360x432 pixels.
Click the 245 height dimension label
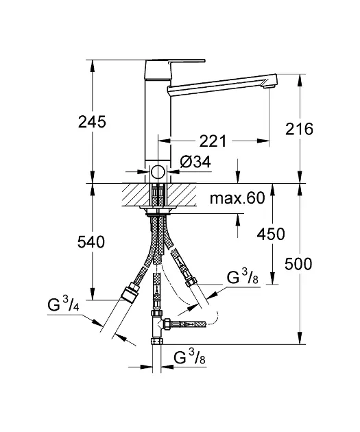(x=92, y=122)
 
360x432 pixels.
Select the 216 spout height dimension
(x=299, y=129)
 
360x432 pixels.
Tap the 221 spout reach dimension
(x=213, y=141)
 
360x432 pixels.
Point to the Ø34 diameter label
(x=195, y=162)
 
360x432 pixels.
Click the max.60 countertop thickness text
(x=237, y=197)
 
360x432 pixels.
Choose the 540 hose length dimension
(x=91, y=242)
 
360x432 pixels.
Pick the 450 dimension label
(x=271, y=235)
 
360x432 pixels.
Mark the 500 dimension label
(x=298, y=264)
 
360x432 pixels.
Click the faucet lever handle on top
(x=175, y=64)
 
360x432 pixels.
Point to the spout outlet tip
(x=269, y=86)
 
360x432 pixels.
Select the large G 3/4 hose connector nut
(x=130, y=293)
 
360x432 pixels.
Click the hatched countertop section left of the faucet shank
(x=136, y=195)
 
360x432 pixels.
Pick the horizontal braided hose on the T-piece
(x=189, y=324)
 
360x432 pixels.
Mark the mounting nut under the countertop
(x=158, y=211)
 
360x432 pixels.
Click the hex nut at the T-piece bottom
(x=157, y=341)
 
